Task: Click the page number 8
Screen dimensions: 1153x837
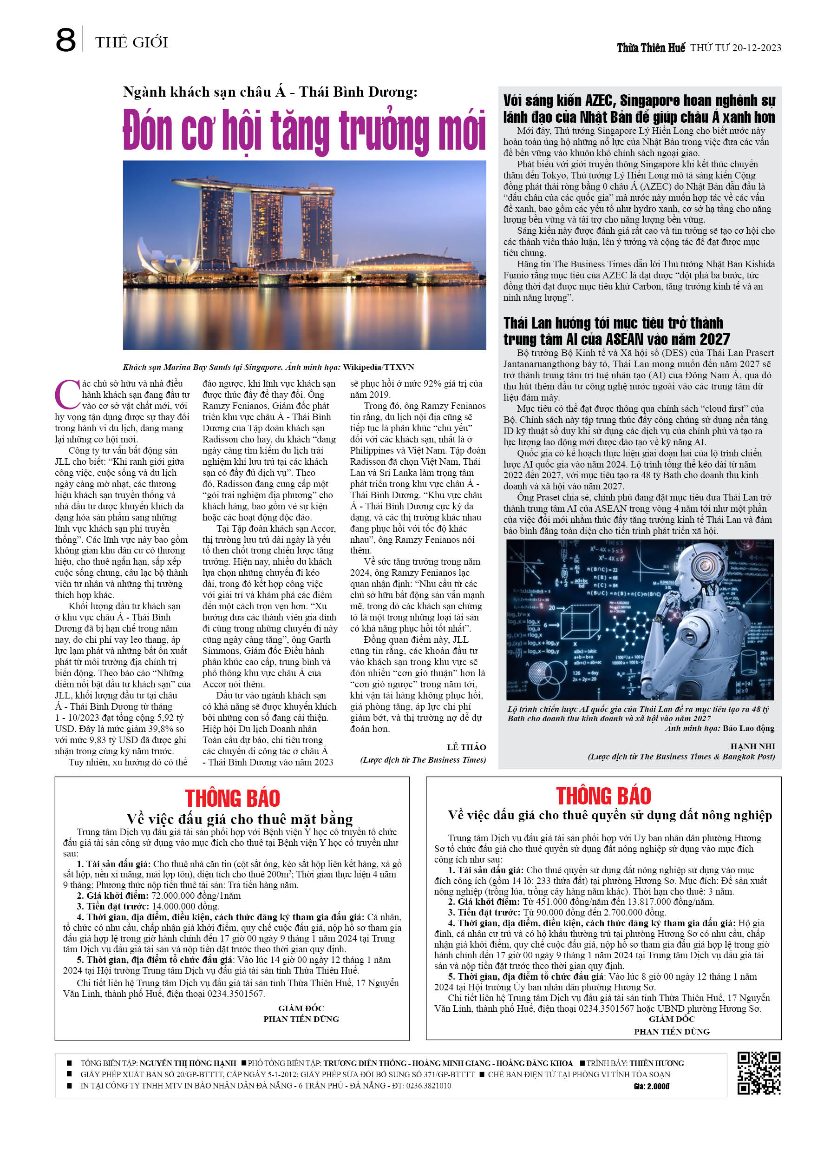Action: pyautogui.click(x=65, y=41)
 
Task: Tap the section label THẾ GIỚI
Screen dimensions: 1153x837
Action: pyautogui.click(x=131, y=42)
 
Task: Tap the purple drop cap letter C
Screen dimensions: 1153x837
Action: pyautogui.click(x=66, y=394)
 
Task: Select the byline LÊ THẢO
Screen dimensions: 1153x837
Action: pyautogui.click(x=466, y=747)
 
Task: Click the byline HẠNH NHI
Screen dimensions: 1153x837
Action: pyautogui.click(x=752, y=746)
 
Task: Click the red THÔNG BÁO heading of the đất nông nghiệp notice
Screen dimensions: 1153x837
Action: pyautogui.click(x=603, y=796)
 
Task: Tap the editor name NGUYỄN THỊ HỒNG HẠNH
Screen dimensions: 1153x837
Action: pyautogui.click(x=188, y=1063)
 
